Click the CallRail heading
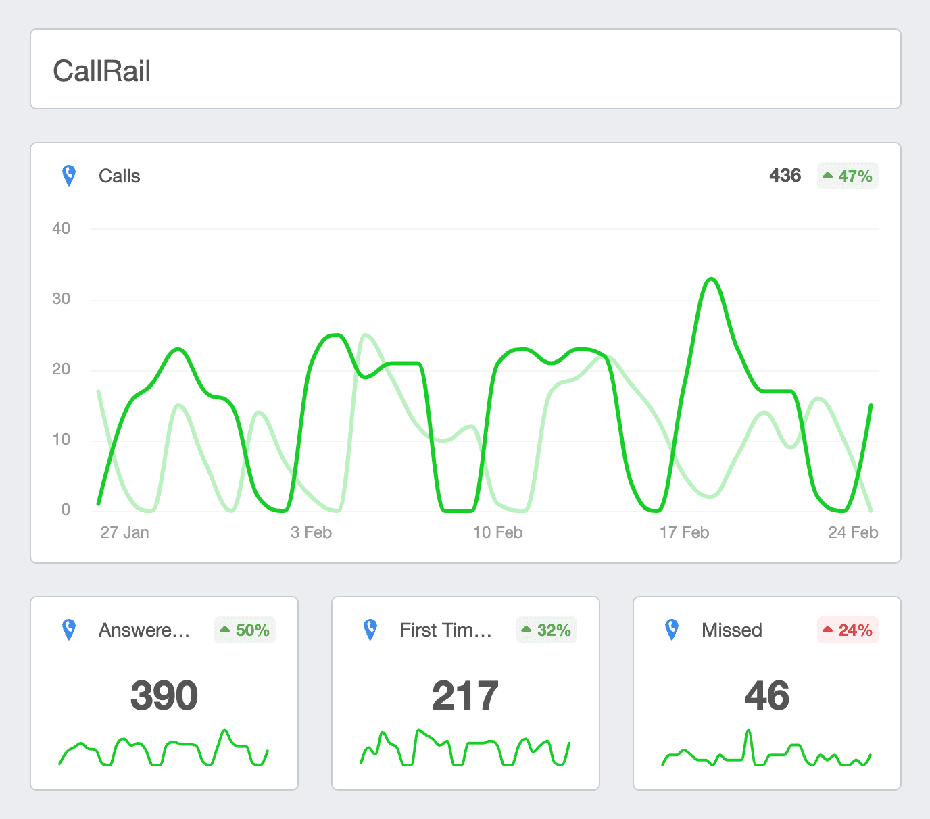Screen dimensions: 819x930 coord(102,71)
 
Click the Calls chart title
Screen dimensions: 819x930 coord(120,176)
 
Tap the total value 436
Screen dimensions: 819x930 coord(785,176)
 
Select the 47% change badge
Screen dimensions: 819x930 coord(848,176)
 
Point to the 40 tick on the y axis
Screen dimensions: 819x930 coord(62,228)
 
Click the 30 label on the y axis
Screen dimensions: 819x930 coord(62,299)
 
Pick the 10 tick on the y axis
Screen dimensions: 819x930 coord(62,439)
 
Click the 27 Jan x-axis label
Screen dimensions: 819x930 coord(124,532)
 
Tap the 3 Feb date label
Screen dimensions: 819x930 coord(311,532)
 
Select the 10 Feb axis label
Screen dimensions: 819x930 coord(497,532)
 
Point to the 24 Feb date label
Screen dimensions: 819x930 coord(853,532)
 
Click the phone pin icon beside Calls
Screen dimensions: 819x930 coord(69,176)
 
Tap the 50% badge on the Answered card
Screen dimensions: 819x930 coord(245,630)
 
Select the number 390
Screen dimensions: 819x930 coord(164,695)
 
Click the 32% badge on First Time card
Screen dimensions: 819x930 coord(546,630)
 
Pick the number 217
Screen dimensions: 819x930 coord(466,695)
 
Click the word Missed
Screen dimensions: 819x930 coord(732,630)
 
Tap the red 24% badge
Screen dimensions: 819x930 coord(848,630)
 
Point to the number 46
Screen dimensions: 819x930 coord(767,695)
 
